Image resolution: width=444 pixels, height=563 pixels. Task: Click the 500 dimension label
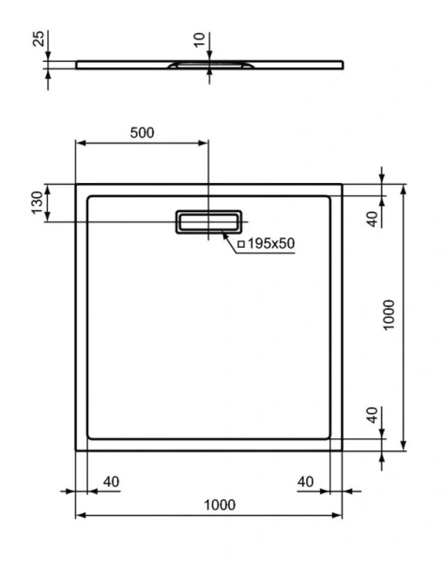point(141,132)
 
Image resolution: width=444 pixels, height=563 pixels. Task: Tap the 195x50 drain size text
point(271,243)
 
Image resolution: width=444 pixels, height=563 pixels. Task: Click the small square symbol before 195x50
point(240,244)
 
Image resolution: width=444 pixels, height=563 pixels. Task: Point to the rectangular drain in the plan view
point(207,221)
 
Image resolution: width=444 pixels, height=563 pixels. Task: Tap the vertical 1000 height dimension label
point(390,317)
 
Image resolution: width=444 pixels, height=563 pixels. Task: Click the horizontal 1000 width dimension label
point(218,505)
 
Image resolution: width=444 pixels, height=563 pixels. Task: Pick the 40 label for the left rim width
point(111,481)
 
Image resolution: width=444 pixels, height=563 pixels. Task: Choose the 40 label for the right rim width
point(305,481)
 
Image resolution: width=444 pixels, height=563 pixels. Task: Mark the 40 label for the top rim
point(372,218)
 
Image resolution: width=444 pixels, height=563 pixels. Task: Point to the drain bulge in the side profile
point(208,66)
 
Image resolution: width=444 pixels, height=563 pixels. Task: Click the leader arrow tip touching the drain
point(224,233)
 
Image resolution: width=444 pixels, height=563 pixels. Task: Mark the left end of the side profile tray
point(78,64)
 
